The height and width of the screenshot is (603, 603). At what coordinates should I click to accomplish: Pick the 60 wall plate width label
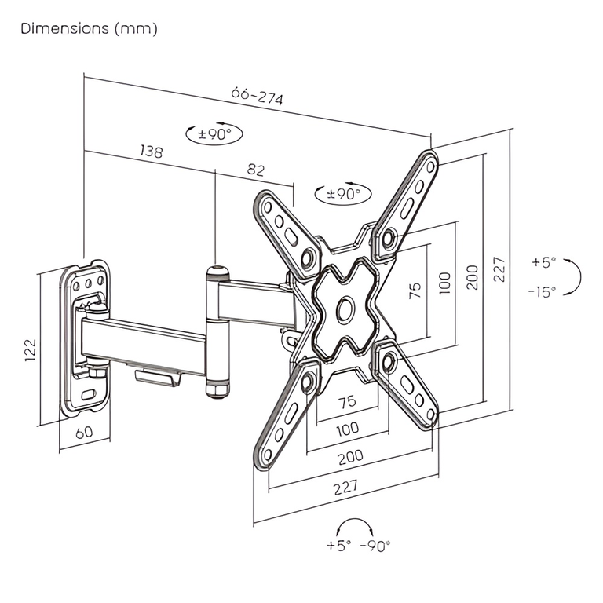point(84,431)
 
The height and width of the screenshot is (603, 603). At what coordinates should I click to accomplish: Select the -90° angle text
point(375,546)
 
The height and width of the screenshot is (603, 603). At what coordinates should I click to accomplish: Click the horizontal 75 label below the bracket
point(347,401)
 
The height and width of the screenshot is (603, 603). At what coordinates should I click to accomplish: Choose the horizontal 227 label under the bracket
point(345,487)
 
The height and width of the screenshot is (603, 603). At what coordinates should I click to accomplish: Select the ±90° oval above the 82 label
point(214,133)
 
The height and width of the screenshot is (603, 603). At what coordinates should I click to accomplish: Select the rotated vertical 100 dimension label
point(444,281)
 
